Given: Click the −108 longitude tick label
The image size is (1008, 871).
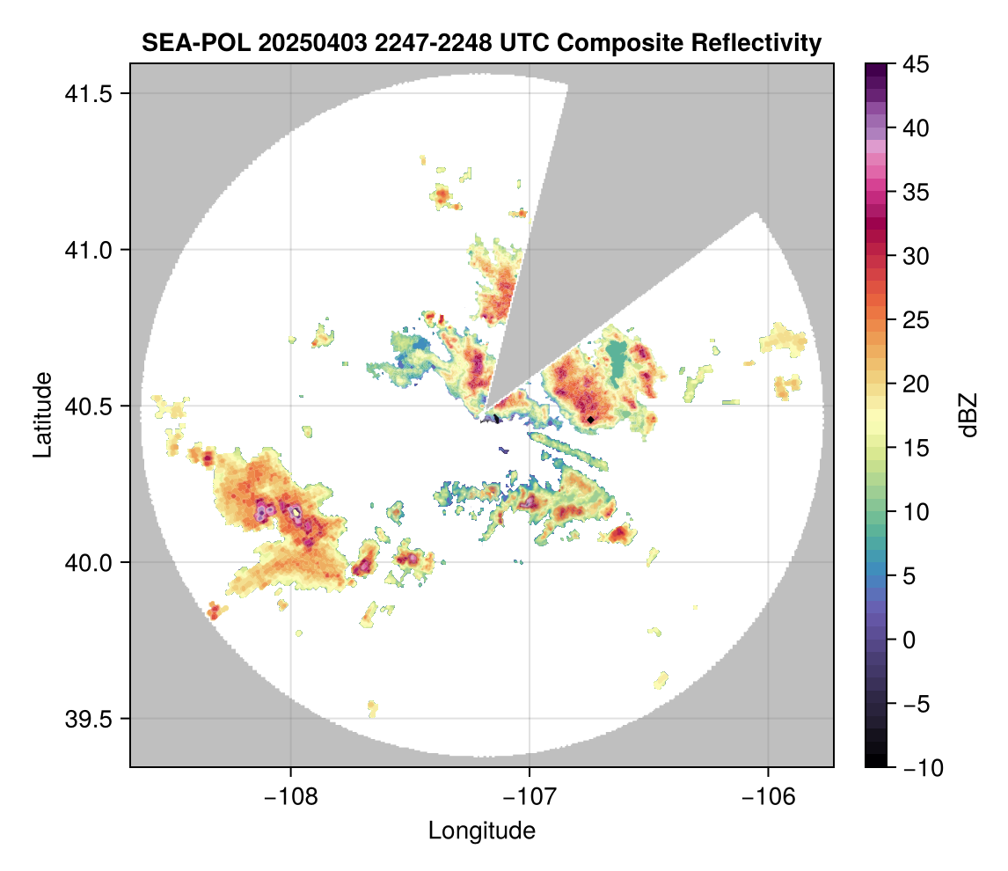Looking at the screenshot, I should [x=289, y=795].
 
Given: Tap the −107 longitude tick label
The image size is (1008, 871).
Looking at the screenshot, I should [x=529, y=795].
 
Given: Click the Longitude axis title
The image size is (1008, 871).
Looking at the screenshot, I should [x=481, y=830].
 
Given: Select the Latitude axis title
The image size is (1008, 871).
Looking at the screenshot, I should [x=41, y=414].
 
